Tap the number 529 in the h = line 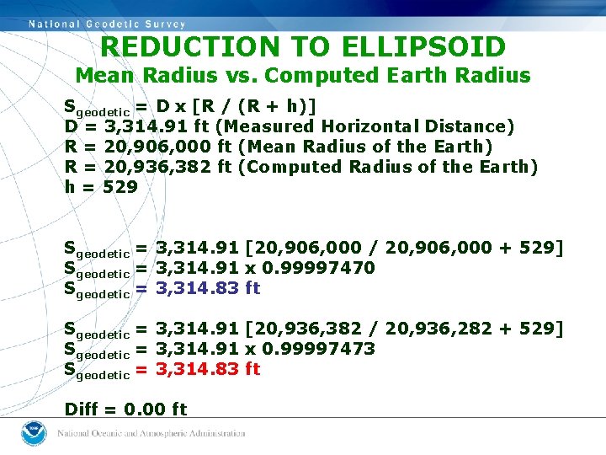tap(120, 187)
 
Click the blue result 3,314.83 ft tap(208, 288)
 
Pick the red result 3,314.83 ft tap(208, 369)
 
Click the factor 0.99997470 tap(319, 268)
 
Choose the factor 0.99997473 tap(319, 349)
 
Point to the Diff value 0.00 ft tap(155, 409)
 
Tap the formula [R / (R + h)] tap(255, 106)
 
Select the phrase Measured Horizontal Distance tap(364, 126)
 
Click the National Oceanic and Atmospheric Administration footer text tap(151, 433)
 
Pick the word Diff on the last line tap(81, 409)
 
